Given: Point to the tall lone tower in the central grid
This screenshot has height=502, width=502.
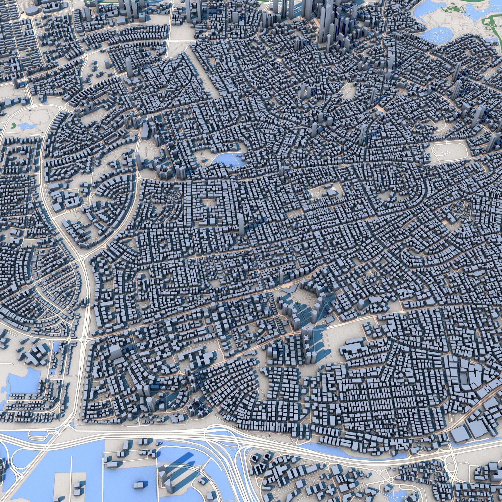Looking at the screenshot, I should (x=241, y=226).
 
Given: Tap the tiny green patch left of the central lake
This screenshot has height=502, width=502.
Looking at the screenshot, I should (x=202, y=154).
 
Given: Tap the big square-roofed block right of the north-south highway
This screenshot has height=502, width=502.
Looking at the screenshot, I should (x=114, y=351).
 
